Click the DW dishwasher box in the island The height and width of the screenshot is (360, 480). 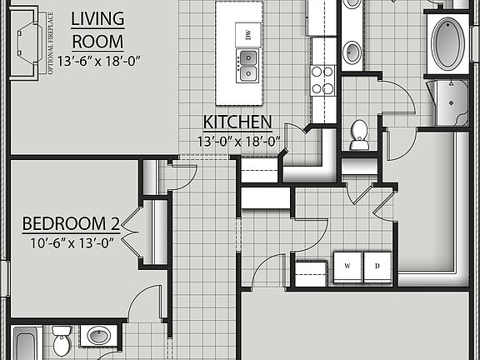[x=247, y=34]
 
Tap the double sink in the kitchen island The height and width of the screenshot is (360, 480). [x=247, y=66]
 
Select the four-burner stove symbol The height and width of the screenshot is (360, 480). [x=322, y=79]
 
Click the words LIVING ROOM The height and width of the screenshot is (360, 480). [x=97, y=29]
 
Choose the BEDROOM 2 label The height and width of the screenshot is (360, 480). [x=71, y=223]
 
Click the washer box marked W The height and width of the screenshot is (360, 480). [x=347, y=266]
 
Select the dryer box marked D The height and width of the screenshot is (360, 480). [x=377, y=266]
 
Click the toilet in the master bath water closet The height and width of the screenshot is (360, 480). [x=359, y=134]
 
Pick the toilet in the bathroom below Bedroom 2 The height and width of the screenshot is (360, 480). [x=62, y=341]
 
